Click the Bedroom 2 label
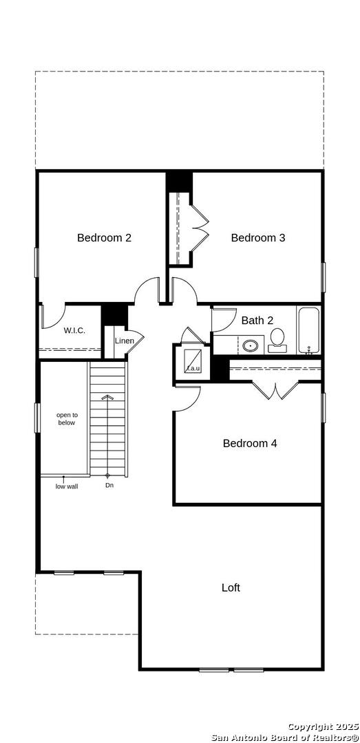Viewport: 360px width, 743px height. point(104,237)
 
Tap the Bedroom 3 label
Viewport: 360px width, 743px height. point(258,237)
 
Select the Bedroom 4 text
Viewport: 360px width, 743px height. point(250,443)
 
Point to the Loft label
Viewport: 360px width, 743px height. point(231,588)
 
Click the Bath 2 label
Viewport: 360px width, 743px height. point(257,321)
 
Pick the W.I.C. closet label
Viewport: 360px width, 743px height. point(74,331)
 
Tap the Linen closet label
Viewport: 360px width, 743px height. point(125,341)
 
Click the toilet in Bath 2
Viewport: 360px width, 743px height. point(277,341)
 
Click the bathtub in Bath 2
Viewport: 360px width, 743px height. point(309,330)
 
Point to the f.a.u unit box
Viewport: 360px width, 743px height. point(193,362)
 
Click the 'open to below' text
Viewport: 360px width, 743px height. point(66,419)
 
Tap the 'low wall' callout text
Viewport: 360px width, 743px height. point(67,486)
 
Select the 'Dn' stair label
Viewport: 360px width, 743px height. point(109,485)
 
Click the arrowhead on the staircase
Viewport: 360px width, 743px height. point(107,397)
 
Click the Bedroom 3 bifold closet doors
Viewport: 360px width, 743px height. point(200,227)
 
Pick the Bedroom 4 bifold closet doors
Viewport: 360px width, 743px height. point(275,389)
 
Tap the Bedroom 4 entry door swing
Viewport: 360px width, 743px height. point(188,398)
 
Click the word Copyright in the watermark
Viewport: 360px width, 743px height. point(308,727)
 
